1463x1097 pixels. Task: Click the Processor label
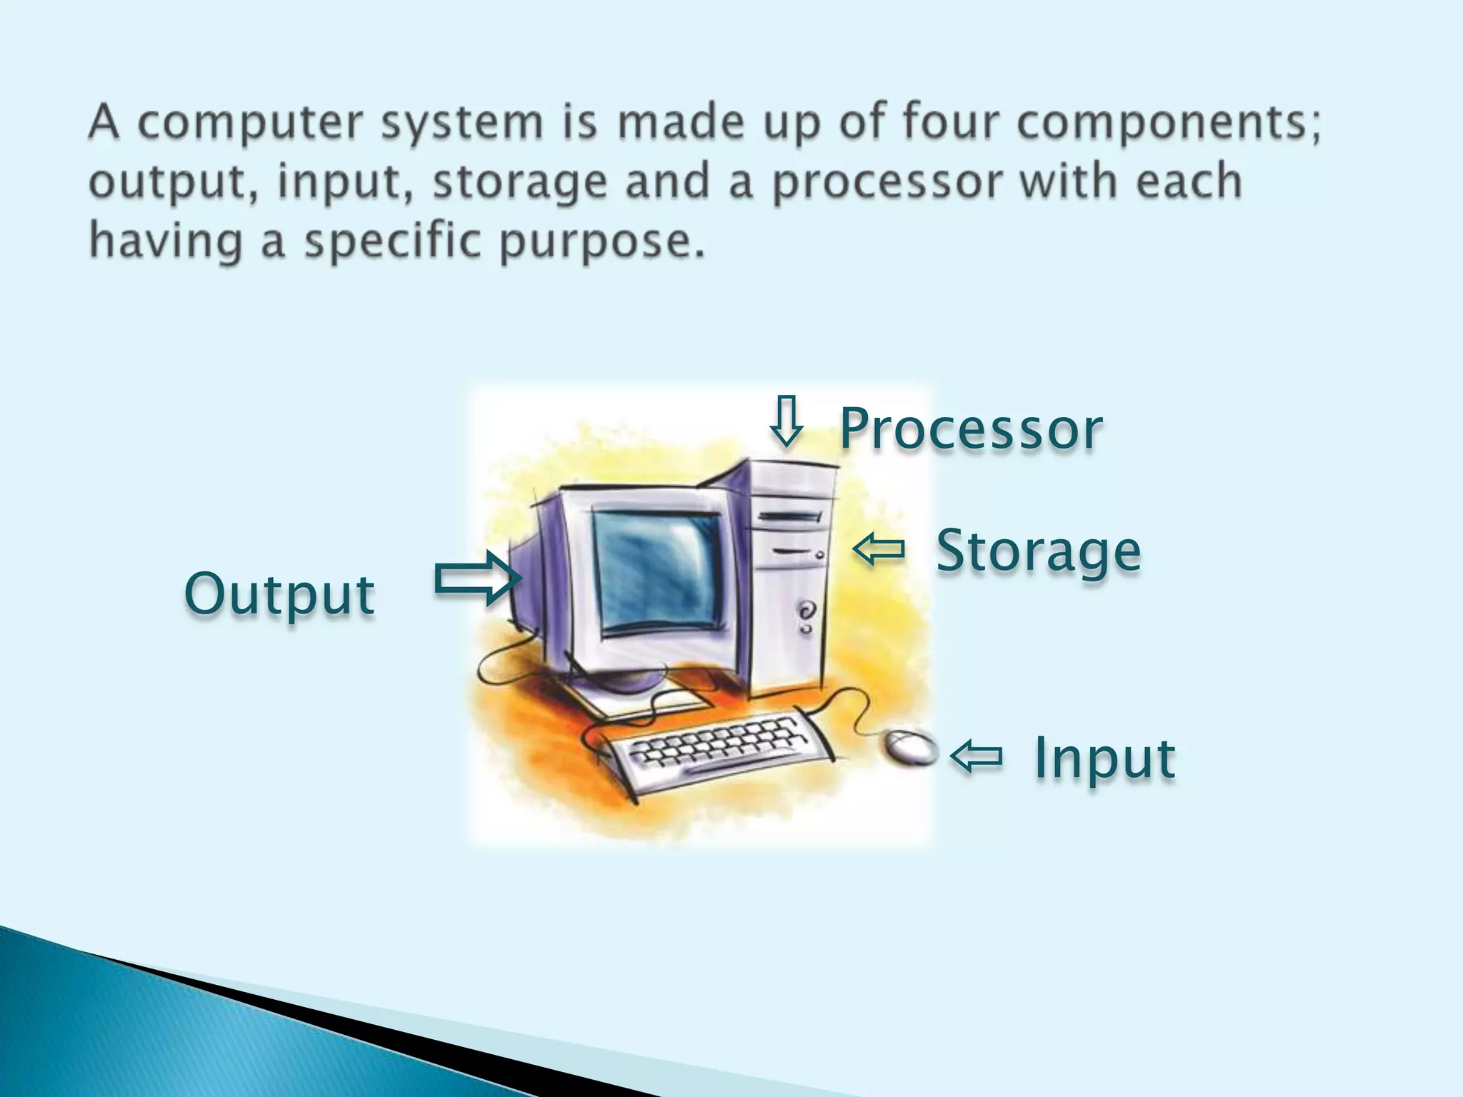point(971,429)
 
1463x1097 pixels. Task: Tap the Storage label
point(1038,551)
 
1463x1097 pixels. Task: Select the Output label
point(279,594)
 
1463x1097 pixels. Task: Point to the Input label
point(1104,758)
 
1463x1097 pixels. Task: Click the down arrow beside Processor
point(786,421)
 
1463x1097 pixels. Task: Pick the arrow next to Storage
point(879,550)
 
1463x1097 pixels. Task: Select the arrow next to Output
point(477,578)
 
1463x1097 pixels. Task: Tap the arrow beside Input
point(977,756)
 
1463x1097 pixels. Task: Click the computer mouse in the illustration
point(910,747)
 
